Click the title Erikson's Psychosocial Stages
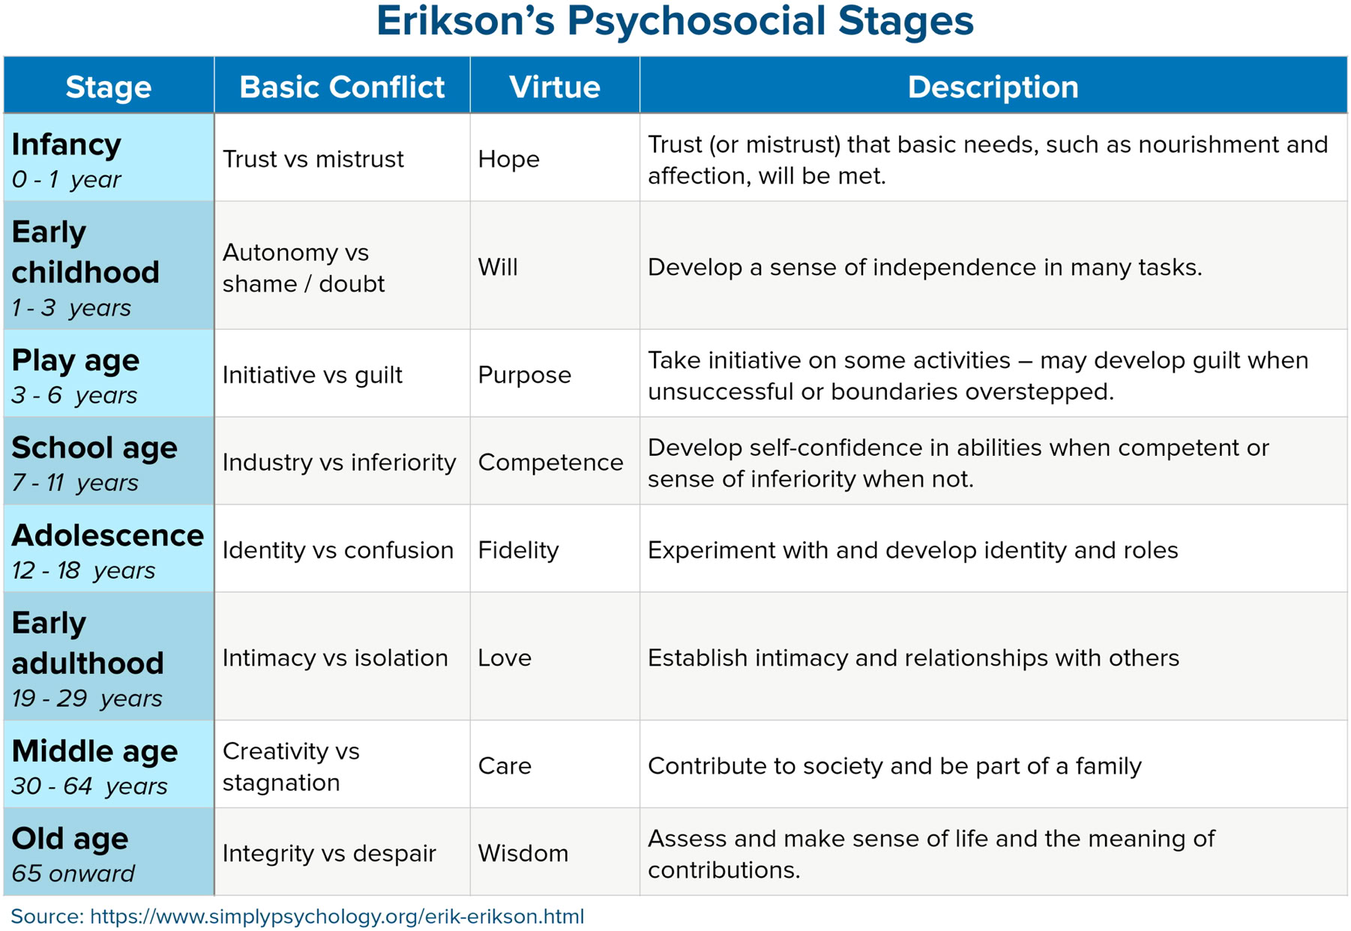[x=674, y=22]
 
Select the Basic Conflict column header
[x=342, y=87]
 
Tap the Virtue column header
[x=555, y=87]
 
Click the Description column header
[x=993, y=87]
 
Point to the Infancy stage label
[x=66, y=145]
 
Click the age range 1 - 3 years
[x=71, y=308]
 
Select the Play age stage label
[x=75, y=361]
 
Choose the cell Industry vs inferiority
[x=339, y=463]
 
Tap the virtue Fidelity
[x=518, y=550]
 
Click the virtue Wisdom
[x=523, y=853]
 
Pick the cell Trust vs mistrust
[x=313, y=159]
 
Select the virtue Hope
[x=508, y=159]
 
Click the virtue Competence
[x=550, y=463]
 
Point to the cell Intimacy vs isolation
[x=334, y=658]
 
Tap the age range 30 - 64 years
[x=89, y=786]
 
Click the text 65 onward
[x=73, y=874]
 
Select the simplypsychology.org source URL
[x=337, y=917]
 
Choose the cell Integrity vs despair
[x=329, y=853]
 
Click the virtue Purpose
[x=524, y=375]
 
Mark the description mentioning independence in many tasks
[x=924, y=268]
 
